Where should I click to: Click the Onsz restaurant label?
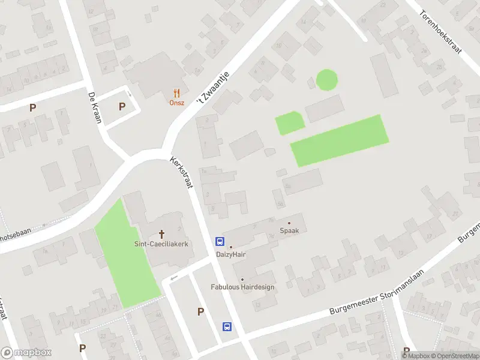pos(176,103)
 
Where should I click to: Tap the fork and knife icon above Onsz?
pos(176,93)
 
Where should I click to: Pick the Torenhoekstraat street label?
pos(440,31)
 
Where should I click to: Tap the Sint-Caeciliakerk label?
pos(161,244)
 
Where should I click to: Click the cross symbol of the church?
pos(161,233)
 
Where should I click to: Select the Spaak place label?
pos(289,230)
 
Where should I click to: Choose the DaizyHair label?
pos(231,254)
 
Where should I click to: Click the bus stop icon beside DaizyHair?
pos(220,242)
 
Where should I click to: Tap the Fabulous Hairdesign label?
pos(242,287)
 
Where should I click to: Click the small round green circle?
pos(326,80)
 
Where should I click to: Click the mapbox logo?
pos(26,353)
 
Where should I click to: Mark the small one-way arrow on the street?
pos(174,278)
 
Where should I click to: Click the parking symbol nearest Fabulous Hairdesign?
pos(200,311)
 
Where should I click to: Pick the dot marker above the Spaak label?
pos(289,223)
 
